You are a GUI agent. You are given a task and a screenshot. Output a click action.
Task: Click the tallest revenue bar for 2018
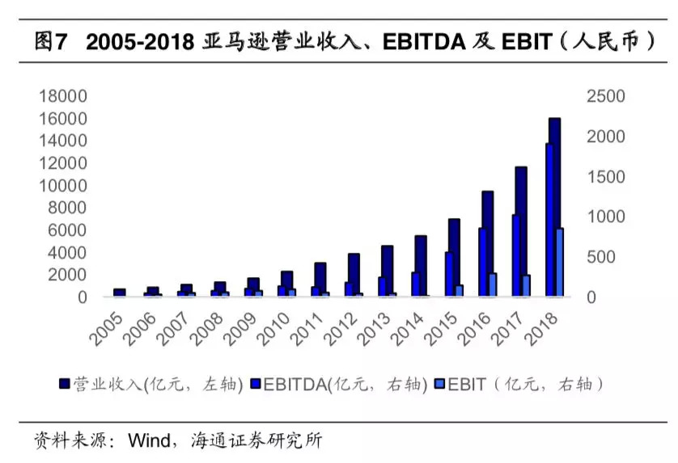tap(555, 207)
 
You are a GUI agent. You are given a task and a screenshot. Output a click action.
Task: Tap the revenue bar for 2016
tap(488, 242)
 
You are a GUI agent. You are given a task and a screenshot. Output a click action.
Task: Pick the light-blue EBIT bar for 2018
tap(559, 262)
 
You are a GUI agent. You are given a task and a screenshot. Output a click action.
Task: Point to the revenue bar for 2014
tap(421, 266)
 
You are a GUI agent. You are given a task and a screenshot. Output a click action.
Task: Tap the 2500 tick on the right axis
tap(605, 96)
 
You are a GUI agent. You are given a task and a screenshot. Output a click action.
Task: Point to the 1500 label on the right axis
tap(605, 176)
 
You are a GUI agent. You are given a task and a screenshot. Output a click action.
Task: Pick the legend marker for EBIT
tap(440, 384)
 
